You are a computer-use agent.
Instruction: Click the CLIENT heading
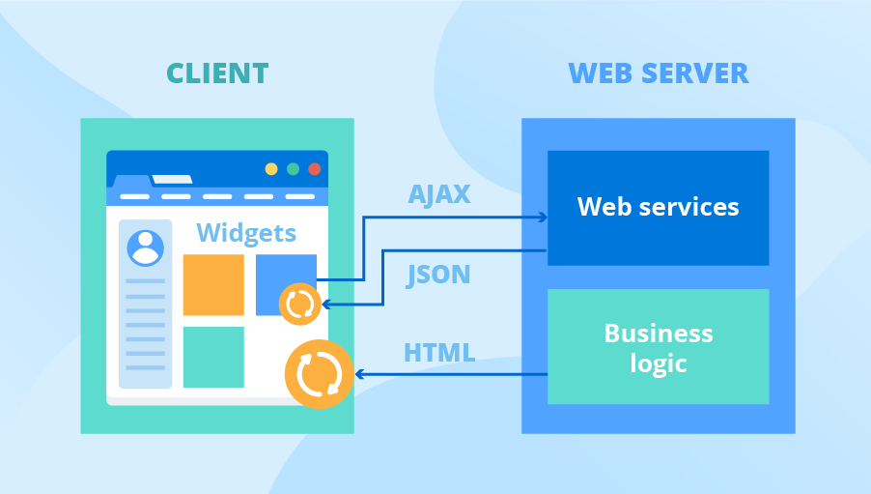tap(216, 73)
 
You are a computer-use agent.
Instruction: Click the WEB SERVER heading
tap(658, 73)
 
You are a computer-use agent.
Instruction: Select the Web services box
tap(658, 207)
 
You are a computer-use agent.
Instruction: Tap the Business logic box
tap(658, 347)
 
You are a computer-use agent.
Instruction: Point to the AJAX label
tap(438, 194)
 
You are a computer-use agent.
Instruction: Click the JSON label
tap(438, 275)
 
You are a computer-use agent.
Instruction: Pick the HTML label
tap(438, 353)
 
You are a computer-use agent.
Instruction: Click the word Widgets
tap(246, 233)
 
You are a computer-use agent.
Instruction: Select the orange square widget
tap(213, 284)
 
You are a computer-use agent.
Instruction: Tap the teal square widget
tap(213, 357)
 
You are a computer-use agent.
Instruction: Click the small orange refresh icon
tap(299, 305)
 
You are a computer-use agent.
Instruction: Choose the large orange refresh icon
tap(319, 374)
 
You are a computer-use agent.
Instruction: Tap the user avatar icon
tap(145, 247)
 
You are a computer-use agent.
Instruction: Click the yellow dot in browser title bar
tap(271, 169)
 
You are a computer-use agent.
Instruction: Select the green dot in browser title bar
tap(293, 169)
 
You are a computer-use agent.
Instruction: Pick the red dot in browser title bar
tap(314, 169)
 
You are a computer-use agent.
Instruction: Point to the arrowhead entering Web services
tap(543, 218)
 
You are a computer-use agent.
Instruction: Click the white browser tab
tap(172, 179)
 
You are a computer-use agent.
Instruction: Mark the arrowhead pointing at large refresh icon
tap(359, 374)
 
